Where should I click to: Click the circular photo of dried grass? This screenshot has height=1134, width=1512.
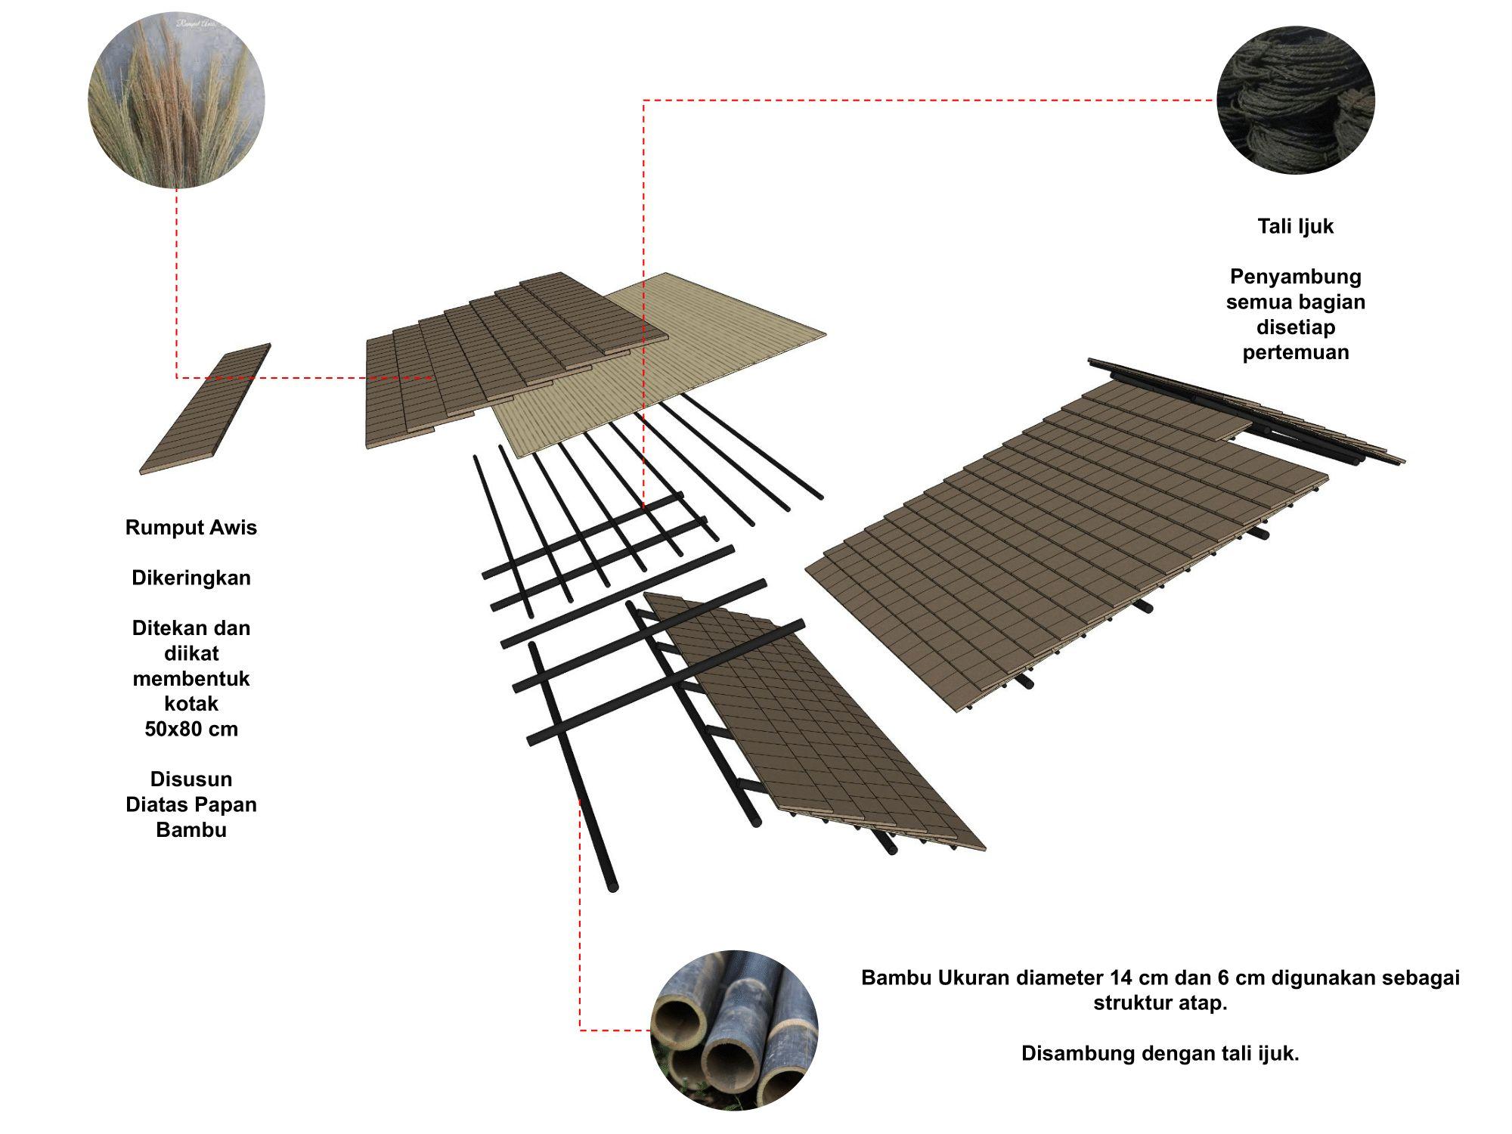[x=176, y=99]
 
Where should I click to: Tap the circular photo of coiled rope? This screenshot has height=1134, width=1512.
[x=1295, y=100]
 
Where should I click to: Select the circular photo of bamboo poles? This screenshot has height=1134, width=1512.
[x=734, y=1030]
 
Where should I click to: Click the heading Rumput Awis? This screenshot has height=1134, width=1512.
[x=191, y=528]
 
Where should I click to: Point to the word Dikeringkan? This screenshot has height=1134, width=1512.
[x=191, y=578]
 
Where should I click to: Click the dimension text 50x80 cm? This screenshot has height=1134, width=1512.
[x=191, y=729]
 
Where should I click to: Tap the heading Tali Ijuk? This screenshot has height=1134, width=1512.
[x=1295, y=226]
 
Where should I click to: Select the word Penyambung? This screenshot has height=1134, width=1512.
[x=1295, y=276]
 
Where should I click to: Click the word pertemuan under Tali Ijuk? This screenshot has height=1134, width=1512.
[x=1295, y=352]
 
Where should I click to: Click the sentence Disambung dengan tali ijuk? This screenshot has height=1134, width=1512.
[x=1160, y=1053]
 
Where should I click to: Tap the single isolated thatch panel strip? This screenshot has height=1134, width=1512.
[x=206, y=409]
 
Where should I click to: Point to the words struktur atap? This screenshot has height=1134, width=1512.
[x=1160, y=1003]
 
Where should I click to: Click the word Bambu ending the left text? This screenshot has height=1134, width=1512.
[x=191, y=829]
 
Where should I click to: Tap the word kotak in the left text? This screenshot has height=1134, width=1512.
[x=191, y=704]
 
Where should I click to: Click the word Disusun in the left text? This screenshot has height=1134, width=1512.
[x=191, y=779]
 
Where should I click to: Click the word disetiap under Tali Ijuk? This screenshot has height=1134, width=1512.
[x=1295, y=327]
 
